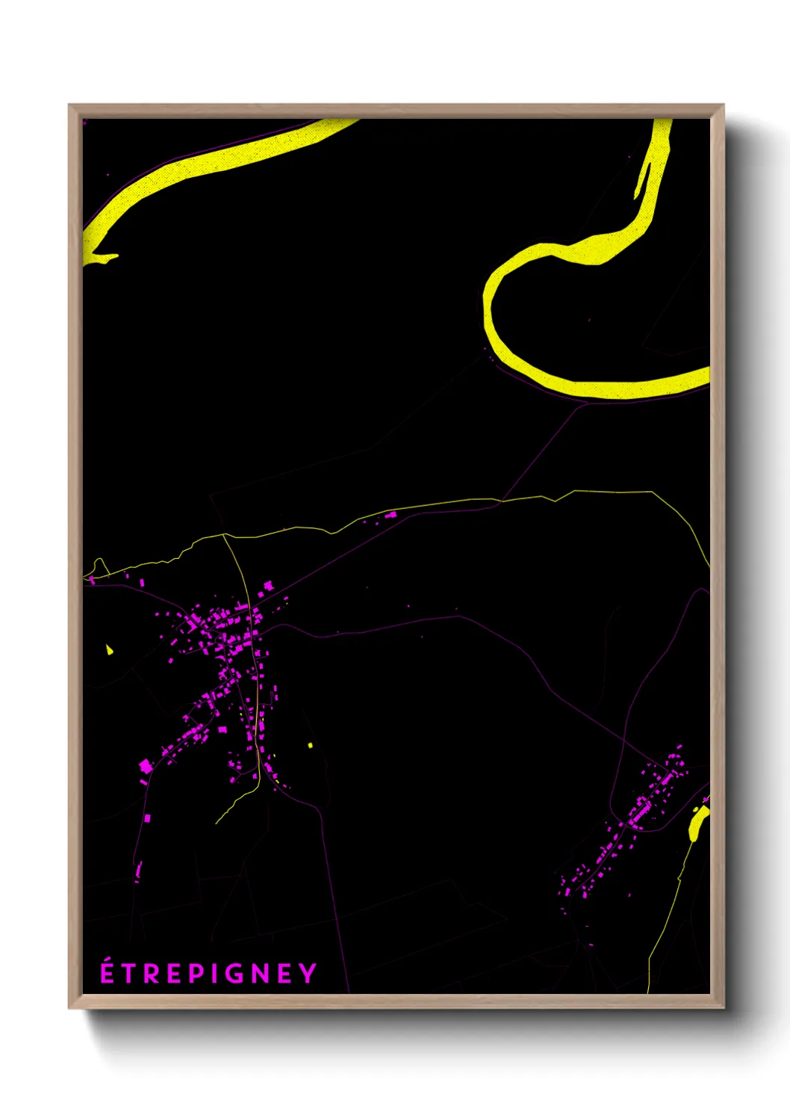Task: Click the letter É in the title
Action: pos(108,972)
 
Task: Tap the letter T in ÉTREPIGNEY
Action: pos(129,974)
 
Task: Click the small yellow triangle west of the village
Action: pos(110,649)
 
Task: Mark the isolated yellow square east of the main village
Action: pos(310,745)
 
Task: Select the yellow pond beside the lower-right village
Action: pos(697,822)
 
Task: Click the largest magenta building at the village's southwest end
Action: pos(146,766)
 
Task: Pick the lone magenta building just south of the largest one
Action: pos(147,818)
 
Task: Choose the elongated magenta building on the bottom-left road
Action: pos(138,871)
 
